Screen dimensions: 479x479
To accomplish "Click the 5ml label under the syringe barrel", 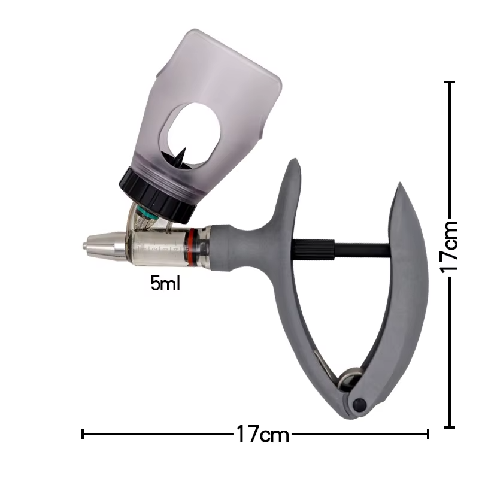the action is point(165,283).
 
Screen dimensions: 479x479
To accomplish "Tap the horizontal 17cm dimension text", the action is point(262,433).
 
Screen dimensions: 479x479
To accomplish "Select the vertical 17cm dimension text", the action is point(449,247).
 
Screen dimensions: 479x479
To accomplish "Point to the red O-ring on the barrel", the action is point(190,247).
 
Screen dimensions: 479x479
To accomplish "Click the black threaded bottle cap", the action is point(157,196).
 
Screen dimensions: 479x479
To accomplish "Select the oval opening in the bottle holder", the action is point(194,134).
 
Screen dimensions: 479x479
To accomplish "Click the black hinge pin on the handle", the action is point(359,405).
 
